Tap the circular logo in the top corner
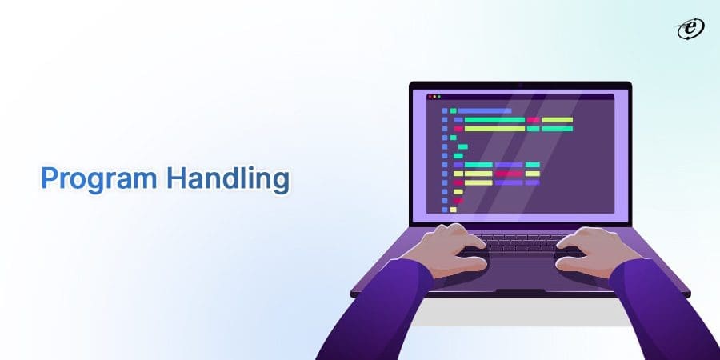pos(686,29)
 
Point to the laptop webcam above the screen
pos(520,85)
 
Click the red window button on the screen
pos(430,96)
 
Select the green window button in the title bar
pos(439,96)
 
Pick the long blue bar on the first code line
pos(484,110)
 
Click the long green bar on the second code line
pos(494,120)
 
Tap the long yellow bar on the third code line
pos(494,129)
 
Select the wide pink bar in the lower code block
pos(508,174)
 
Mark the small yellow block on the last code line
pos(453,210)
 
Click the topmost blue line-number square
pos(445,111)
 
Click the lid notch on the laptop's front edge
pos(521,292)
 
